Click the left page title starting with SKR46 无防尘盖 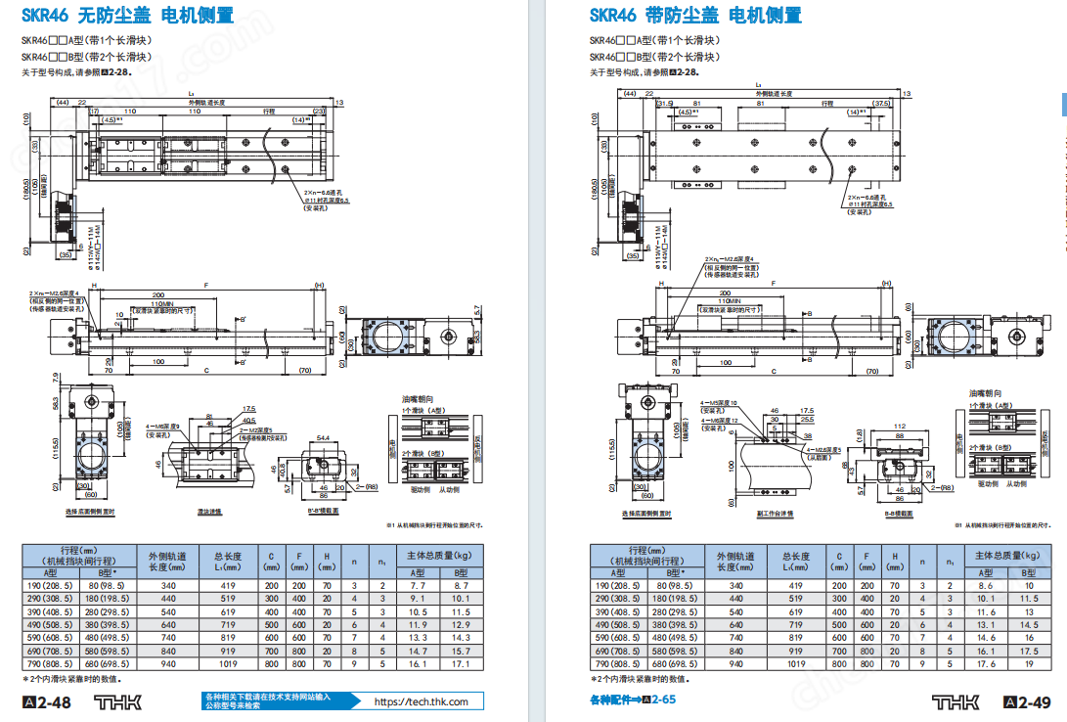coord(128,16)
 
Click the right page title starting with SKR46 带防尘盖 coord(695,16)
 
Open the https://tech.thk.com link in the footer coord(422,701)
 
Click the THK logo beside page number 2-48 coord(118,702)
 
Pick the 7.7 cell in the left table coord(418,584)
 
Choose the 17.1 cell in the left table coord(418,663)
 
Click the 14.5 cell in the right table coord(1028,624)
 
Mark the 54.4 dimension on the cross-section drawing coord(324,439)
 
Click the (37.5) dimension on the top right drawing coord(881,103)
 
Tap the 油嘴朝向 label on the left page coord(417,399)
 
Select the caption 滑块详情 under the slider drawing coord(209,511)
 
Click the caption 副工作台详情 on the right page coord(774,513)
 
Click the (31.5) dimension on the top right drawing coord(665,103)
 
